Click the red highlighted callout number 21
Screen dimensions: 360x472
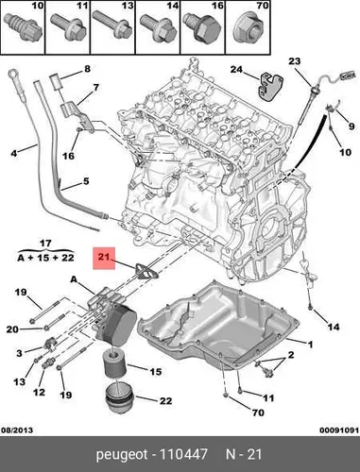tap(104, 258)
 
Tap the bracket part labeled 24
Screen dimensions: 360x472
tap(269, 88)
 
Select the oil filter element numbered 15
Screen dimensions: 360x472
tap(115, 364)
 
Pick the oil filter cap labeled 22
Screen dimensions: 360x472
tap(120, 400)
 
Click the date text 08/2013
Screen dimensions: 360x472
tap(17, 430)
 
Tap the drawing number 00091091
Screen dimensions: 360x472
tap(339, 430)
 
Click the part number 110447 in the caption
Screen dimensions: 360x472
tap(183, 454)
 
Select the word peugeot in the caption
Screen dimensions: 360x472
tap(122, 455)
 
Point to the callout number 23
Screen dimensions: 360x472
tap(295, 61)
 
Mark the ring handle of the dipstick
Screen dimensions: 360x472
tap(13, 74)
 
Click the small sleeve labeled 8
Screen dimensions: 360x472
tap(57, 81)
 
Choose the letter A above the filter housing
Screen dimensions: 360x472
tap(74, 279)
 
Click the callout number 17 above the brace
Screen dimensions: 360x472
tap(45, 244)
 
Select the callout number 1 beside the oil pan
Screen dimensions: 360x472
tap(310, 345)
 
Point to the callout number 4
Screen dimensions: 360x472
tap(14, 154)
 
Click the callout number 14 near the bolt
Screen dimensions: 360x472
tap(334, 328)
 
